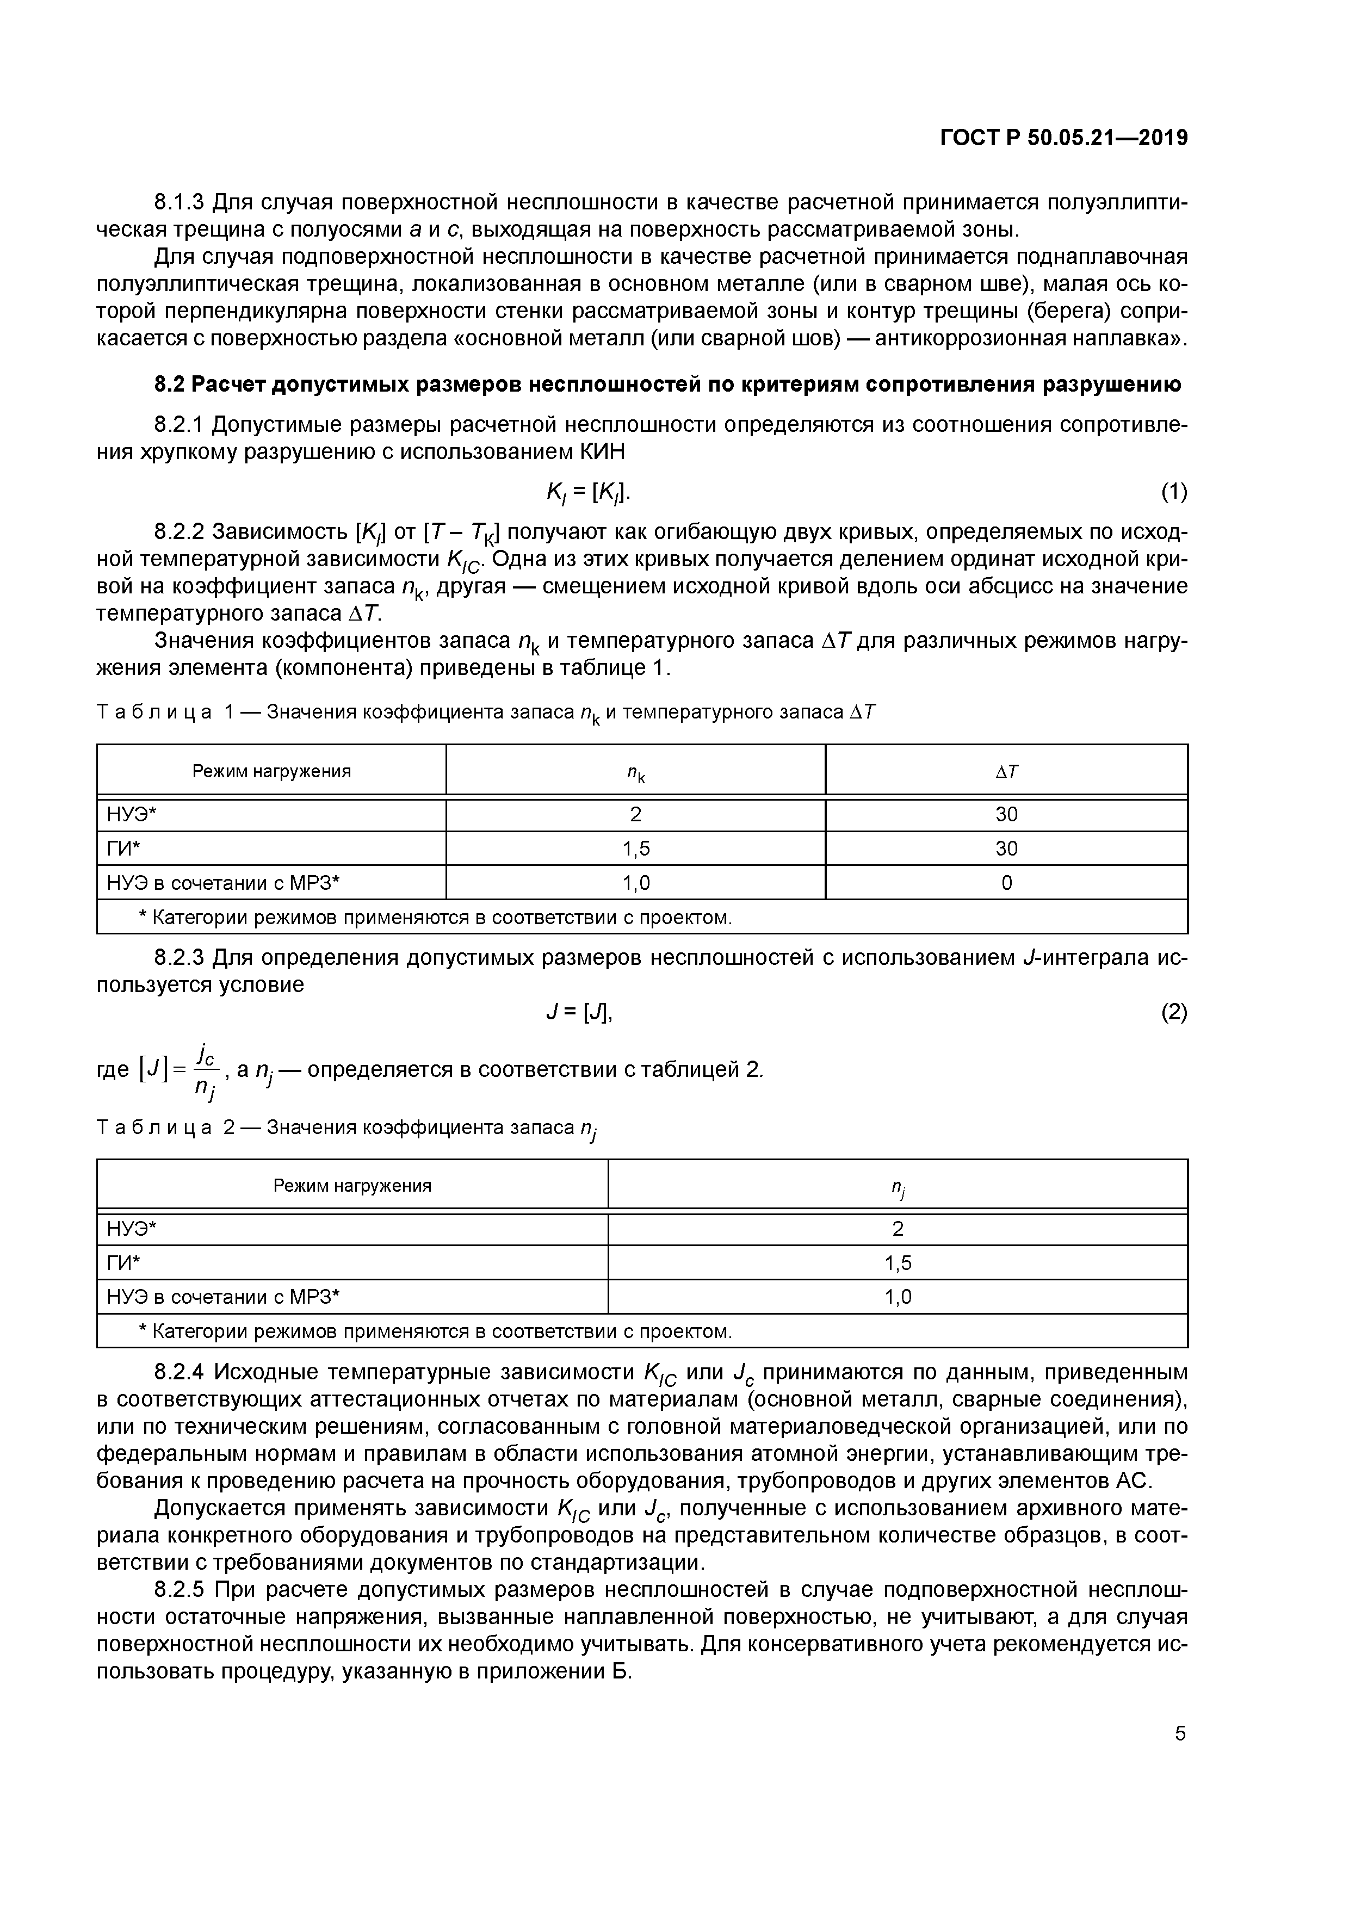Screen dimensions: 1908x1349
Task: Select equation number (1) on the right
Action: (1174, 493)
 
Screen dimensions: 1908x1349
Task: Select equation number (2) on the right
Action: (1174, 1013)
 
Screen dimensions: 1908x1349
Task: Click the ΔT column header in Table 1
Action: (1006, 771)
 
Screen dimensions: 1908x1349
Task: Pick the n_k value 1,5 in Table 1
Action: (636, 848)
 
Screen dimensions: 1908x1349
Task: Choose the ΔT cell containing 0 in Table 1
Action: (1006, 883)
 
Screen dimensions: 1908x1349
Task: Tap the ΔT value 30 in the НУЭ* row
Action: (1006, 814)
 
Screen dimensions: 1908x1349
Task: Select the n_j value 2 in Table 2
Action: (897, 1229)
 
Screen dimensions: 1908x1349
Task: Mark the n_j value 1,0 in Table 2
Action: (897, 1297)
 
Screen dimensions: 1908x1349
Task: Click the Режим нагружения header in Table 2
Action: (352, 1186)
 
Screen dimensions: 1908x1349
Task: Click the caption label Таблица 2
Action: (165, 1128)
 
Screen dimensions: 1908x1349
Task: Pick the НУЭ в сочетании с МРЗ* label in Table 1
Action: (224, 883)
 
